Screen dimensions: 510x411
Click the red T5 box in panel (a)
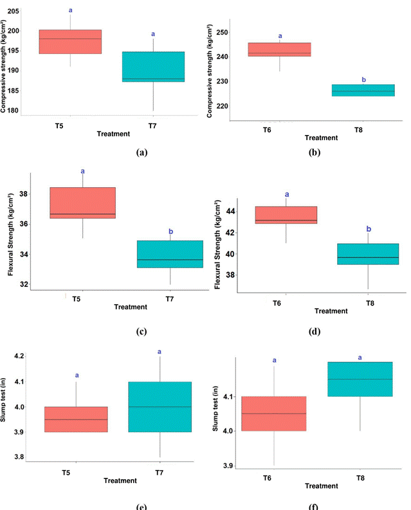pyautogui.click(x=70, y=42)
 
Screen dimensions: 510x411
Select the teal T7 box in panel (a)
pyautogui.click(x=153, y=66)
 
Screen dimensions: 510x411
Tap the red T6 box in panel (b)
pyautogui.click(x=280, y=50)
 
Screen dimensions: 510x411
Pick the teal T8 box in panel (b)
pyautogui.click(x=363, y=90)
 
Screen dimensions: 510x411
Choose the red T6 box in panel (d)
pyautogui.click(x=286, y=215)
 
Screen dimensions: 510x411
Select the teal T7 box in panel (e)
pyautogui.click(x=160, y=407)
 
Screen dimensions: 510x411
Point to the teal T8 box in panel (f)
pyautogui.click(x=360, y=379)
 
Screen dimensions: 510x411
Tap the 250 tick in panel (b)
pyautogui.click(x=239, y=33)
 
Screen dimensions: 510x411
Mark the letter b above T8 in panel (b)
pyautogui.click(x=364, y=80)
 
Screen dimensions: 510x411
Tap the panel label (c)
pyautogui.click(x=142, y=332)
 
